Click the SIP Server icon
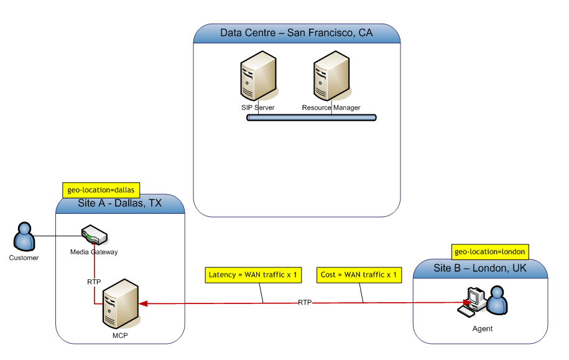tap(257, 79)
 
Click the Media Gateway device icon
tap(95, 236)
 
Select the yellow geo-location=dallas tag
tap(101, 189)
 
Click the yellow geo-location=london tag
tap(490, 252)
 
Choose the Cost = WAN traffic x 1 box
tap(358, 274)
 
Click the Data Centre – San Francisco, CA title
tap(297, 33)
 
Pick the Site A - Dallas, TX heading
tap(120, 204)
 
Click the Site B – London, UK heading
tap(480, 268)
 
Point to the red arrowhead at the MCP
tap(144, 303)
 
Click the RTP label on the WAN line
tap(305, 303)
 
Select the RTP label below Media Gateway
tap(94, 282)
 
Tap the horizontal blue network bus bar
tap(312, 117)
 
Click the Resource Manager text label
tap(331, 108)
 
